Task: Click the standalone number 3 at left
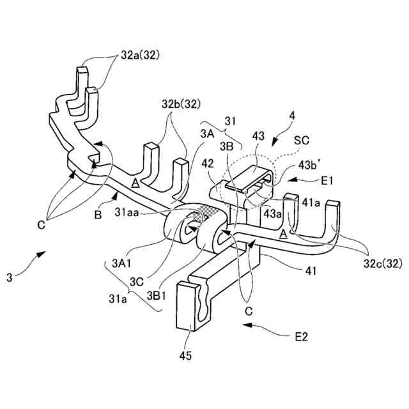[x=10, y=277]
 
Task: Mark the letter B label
[x=98, y=215]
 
